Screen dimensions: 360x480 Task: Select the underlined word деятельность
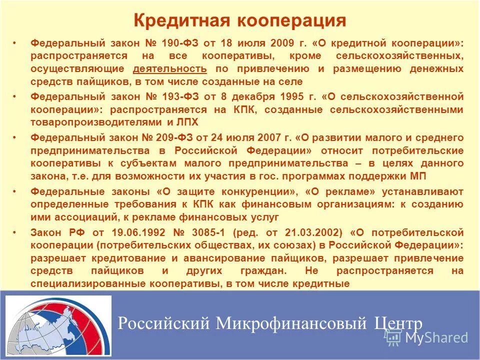point(170,68)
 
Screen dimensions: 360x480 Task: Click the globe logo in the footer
point(58,325)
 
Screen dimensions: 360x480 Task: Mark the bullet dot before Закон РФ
point(16,232)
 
